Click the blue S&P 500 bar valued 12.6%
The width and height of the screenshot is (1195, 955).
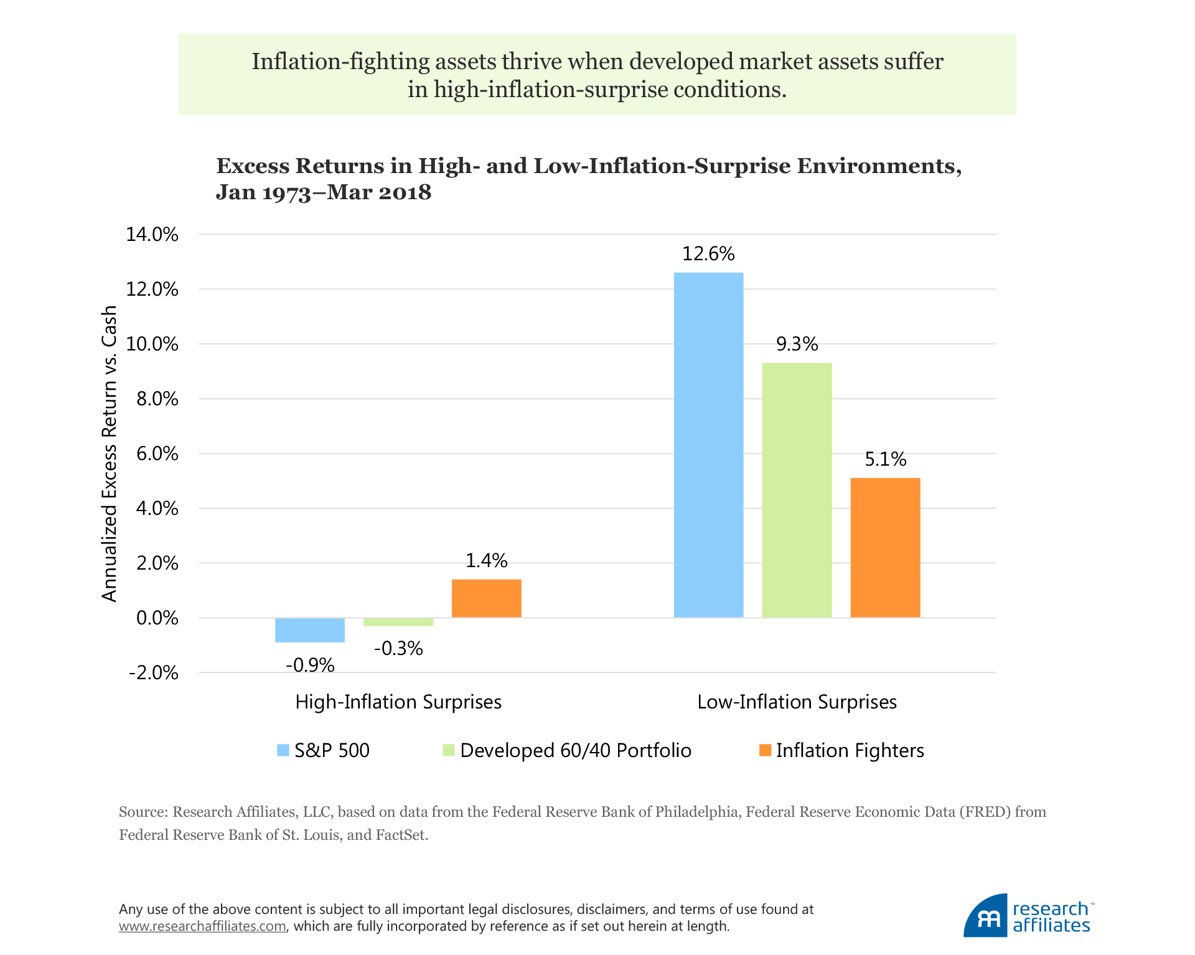click(x=708, y=445)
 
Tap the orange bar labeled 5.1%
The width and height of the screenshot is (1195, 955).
click(x=885, y=547)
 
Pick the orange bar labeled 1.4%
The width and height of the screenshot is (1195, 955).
click(x=486, y=598)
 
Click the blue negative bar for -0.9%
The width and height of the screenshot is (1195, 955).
click(x=310, y=629)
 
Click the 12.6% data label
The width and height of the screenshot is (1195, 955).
click(x=708, y=254)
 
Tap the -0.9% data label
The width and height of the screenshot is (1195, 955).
click(x=310, y=666)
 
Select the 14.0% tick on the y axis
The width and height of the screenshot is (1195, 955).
click(x=152, y=235)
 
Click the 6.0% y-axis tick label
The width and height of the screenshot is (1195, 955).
click(x=157, y=454)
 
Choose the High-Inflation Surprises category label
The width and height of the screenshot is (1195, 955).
click(x=398, y=702)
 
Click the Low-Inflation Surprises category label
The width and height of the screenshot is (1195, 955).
click(x=797, y=702)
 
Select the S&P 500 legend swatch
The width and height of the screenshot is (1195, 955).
click(x=283, y=750)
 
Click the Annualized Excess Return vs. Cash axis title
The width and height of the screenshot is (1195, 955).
click(x=110, y=454)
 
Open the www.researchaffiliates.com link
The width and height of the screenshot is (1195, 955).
click(x=203, y=926)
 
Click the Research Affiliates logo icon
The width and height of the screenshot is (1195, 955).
click(x=986, y=916)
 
